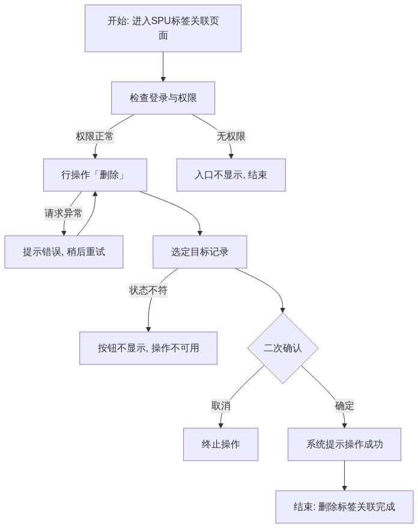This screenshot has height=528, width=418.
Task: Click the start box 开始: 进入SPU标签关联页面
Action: [163, 28]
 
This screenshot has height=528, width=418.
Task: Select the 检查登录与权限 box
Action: [163, 98]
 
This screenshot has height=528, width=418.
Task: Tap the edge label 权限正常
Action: [95, 137]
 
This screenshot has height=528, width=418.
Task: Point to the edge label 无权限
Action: [231, 137]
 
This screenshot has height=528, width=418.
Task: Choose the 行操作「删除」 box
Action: [95, 175]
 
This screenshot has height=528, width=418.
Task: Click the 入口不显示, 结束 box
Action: [231, 175]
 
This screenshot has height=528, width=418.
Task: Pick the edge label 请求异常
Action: [64, 213]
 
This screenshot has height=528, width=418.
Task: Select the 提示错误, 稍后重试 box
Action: [64, 252]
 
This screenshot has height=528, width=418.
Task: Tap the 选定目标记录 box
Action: [200, 252]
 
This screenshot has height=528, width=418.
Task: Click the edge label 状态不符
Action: [148, 290]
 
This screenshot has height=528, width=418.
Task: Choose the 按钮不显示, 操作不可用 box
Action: [148, 348]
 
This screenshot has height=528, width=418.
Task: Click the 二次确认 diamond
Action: [283, 348]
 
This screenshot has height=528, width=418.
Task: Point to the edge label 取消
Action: [221, 406]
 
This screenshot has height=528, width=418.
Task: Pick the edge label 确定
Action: [344, 406]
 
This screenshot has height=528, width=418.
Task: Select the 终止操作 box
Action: [220, 444]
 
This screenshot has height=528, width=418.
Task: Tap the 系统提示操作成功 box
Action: [344, 444]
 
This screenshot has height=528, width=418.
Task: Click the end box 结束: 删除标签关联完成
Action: [344, 507]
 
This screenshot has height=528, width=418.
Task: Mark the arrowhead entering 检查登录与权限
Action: [163, 79]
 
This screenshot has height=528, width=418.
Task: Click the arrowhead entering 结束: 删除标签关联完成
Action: [344, 488]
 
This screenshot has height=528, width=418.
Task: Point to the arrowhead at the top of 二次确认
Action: [283, 310]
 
